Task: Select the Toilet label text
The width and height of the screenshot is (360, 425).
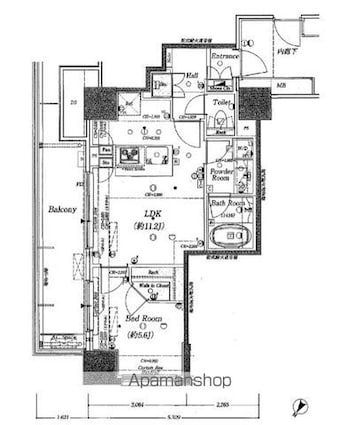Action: [x=222, y=102]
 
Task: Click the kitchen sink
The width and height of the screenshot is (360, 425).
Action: [x=128, y=156]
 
